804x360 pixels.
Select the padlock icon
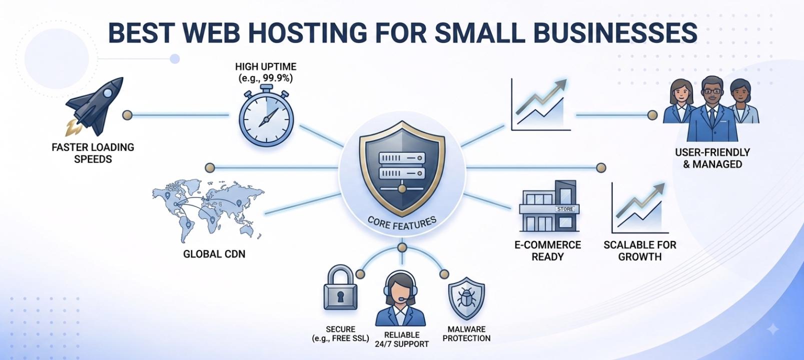[x=340, y=287]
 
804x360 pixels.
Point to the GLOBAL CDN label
[x=214, y=254]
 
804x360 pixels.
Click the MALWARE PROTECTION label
[x=466, y=333]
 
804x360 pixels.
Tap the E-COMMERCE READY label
[x=548, y=250]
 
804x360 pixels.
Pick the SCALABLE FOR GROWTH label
[x=640, y=250]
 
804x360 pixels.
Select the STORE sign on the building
[x=565, y=208]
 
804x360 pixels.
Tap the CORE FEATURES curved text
[x=402, y=223]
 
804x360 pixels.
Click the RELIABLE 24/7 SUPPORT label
[x=402, y=339]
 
